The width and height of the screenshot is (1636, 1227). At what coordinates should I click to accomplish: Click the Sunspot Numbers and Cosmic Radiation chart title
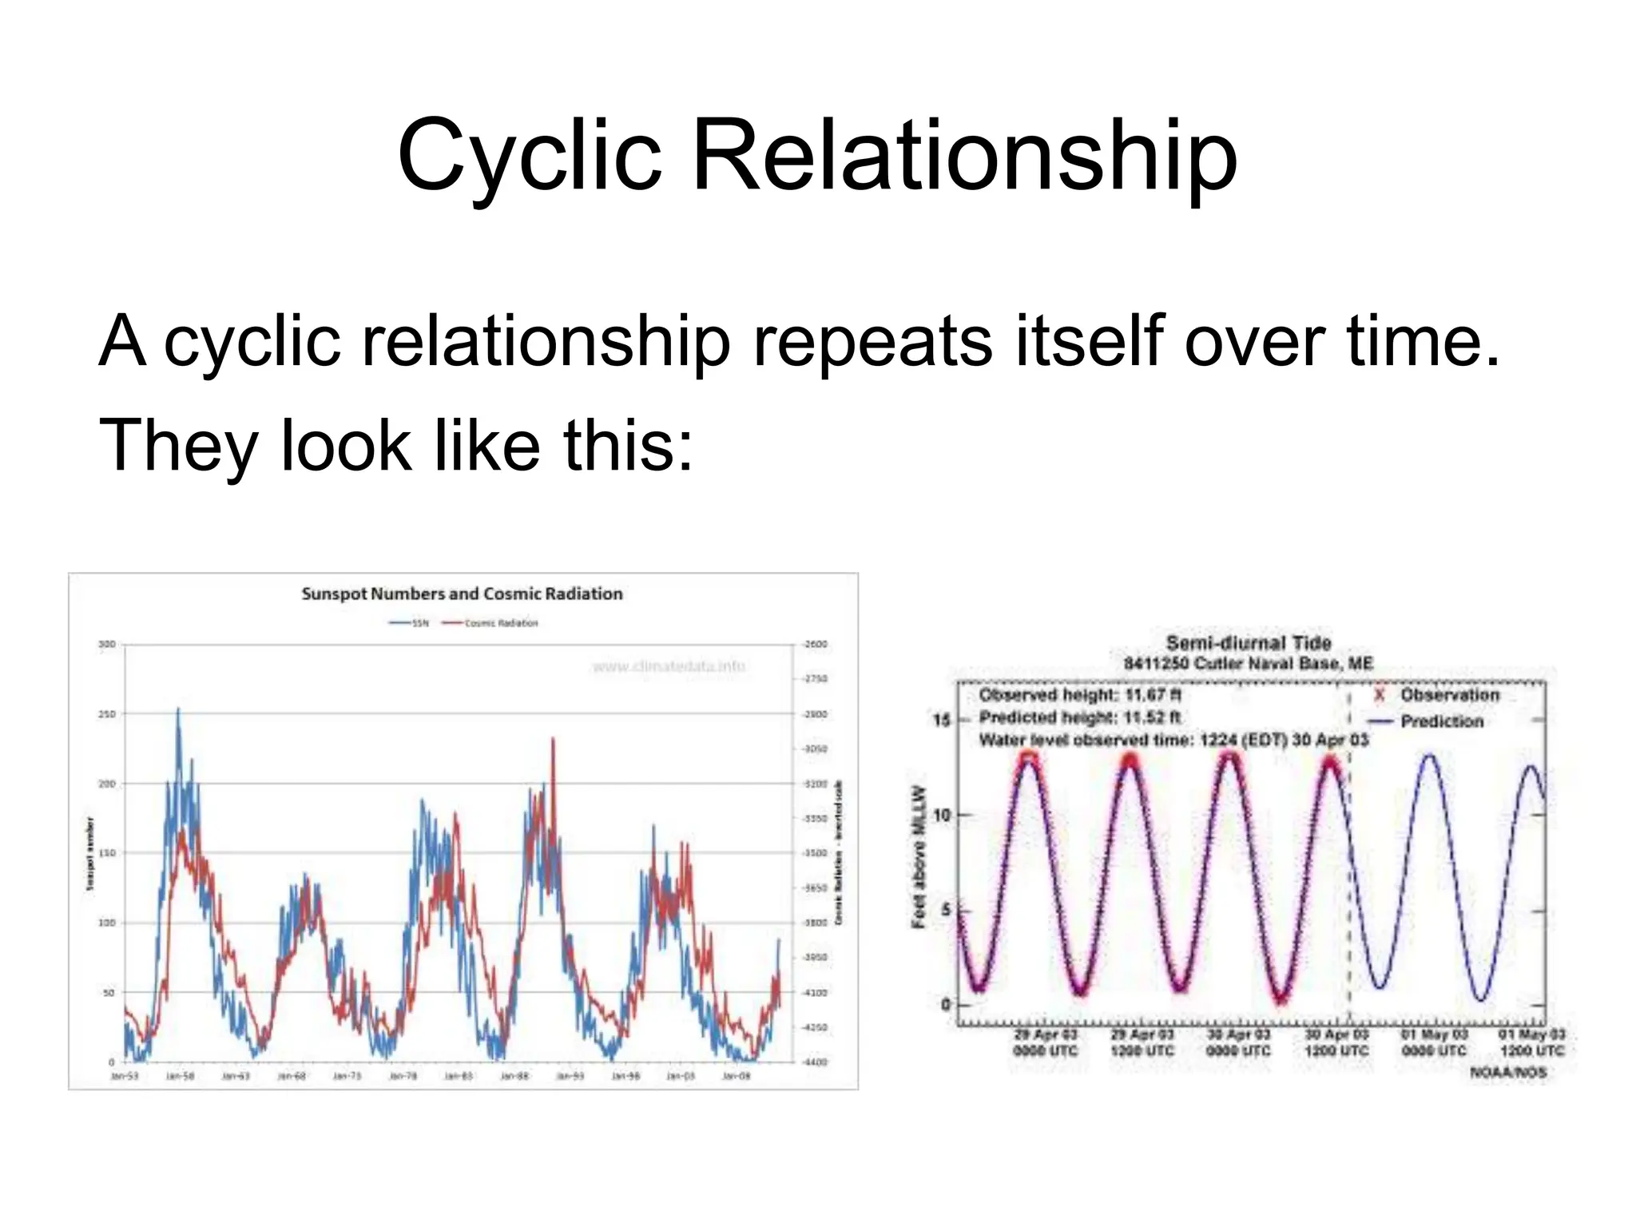pyautogui.click(x=462, y=594)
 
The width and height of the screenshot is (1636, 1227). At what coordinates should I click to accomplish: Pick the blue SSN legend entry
pyautogui.click(x=408, y=623)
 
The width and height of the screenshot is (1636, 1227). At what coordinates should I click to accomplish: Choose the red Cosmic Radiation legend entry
pyautogui.click(x=490, y=623)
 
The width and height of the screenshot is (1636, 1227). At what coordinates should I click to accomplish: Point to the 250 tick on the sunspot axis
pyautogui.click(x=107, y=713)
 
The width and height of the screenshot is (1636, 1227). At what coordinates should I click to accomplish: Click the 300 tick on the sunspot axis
pyautogui.click(x=107, y=644)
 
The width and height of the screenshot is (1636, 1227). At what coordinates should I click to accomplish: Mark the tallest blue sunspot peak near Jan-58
pyautogui.click(x=178, y=710)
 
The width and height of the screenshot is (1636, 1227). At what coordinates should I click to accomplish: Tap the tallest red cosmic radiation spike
pyautogui.click(x=553, y=741)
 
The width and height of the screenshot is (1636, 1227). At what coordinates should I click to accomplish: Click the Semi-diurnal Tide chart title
pyautogui.click(x=1249, y=643)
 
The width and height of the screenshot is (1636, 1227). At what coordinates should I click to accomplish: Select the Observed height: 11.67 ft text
pyautogui.click(x=1081, y=695)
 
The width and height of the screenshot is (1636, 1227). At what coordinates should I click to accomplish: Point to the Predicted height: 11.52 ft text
pyautogui.click(x=1080, y=717)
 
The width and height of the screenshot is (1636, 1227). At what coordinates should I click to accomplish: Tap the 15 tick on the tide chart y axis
pyautogui.click(x=942, y=721)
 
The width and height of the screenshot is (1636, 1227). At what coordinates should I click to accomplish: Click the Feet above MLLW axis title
pyautogui.click(x=919, y=856)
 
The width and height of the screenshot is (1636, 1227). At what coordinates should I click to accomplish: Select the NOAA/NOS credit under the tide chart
pyautogui.click(x=1508, y=1072)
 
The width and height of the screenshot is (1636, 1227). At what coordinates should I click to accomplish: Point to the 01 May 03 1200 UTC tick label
pyautogui.click(x=1531, y=1042)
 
